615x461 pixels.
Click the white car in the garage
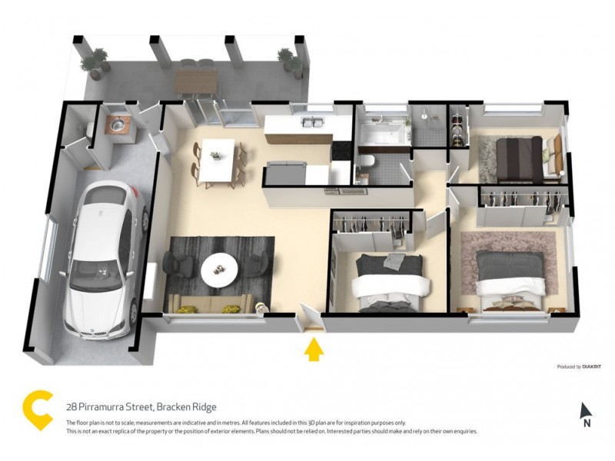tap(101, 261)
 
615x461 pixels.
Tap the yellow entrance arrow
tap(313, 350)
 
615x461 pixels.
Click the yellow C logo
tap(37, 408)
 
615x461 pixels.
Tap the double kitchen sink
tap(310, 122)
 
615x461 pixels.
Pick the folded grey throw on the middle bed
tap(394, 261)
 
